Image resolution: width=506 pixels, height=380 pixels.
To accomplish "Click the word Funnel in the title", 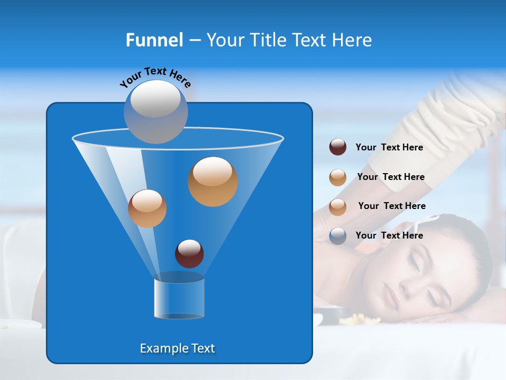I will (x=154, y=40).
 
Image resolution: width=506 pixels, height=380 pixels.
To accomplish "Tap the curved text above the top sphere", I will (x=155, y=77).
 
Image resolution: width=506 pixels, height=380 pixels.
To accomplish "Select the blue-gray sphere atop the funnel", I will (x=155, y=111).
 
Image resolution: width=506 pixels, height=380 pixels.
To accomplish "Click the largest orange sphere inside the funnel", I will (x=212, y=181).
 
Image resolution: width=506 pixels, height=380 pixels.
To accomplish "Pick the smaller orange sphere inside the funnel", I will (x=147, y=208).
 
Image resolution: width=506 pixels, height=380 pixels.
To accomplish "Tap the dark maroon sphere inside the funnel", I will (x=189, y=253).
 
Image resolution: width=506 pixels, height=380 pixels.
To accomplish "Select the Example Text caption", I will (x=177, y=348).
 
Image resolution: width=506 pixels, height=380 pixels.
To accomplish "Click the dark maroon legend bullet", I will (x=338, y=147).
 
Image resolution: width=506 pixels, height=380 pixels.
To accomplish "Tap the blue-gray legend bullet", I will (x=338, y=236).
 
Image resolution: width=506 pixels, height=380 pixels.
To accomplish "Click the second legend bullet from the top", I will (x=338, y=177).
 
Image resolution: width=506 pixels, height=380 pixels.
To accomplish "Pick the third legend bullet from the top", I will (x=338, y=206).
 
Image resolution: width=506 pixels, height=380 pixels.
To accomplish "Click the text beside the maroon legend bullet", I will (x=389, y=147).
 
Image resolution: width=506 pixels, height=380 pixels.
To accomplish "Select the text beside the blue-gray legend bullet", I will (x=389, y=235).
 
